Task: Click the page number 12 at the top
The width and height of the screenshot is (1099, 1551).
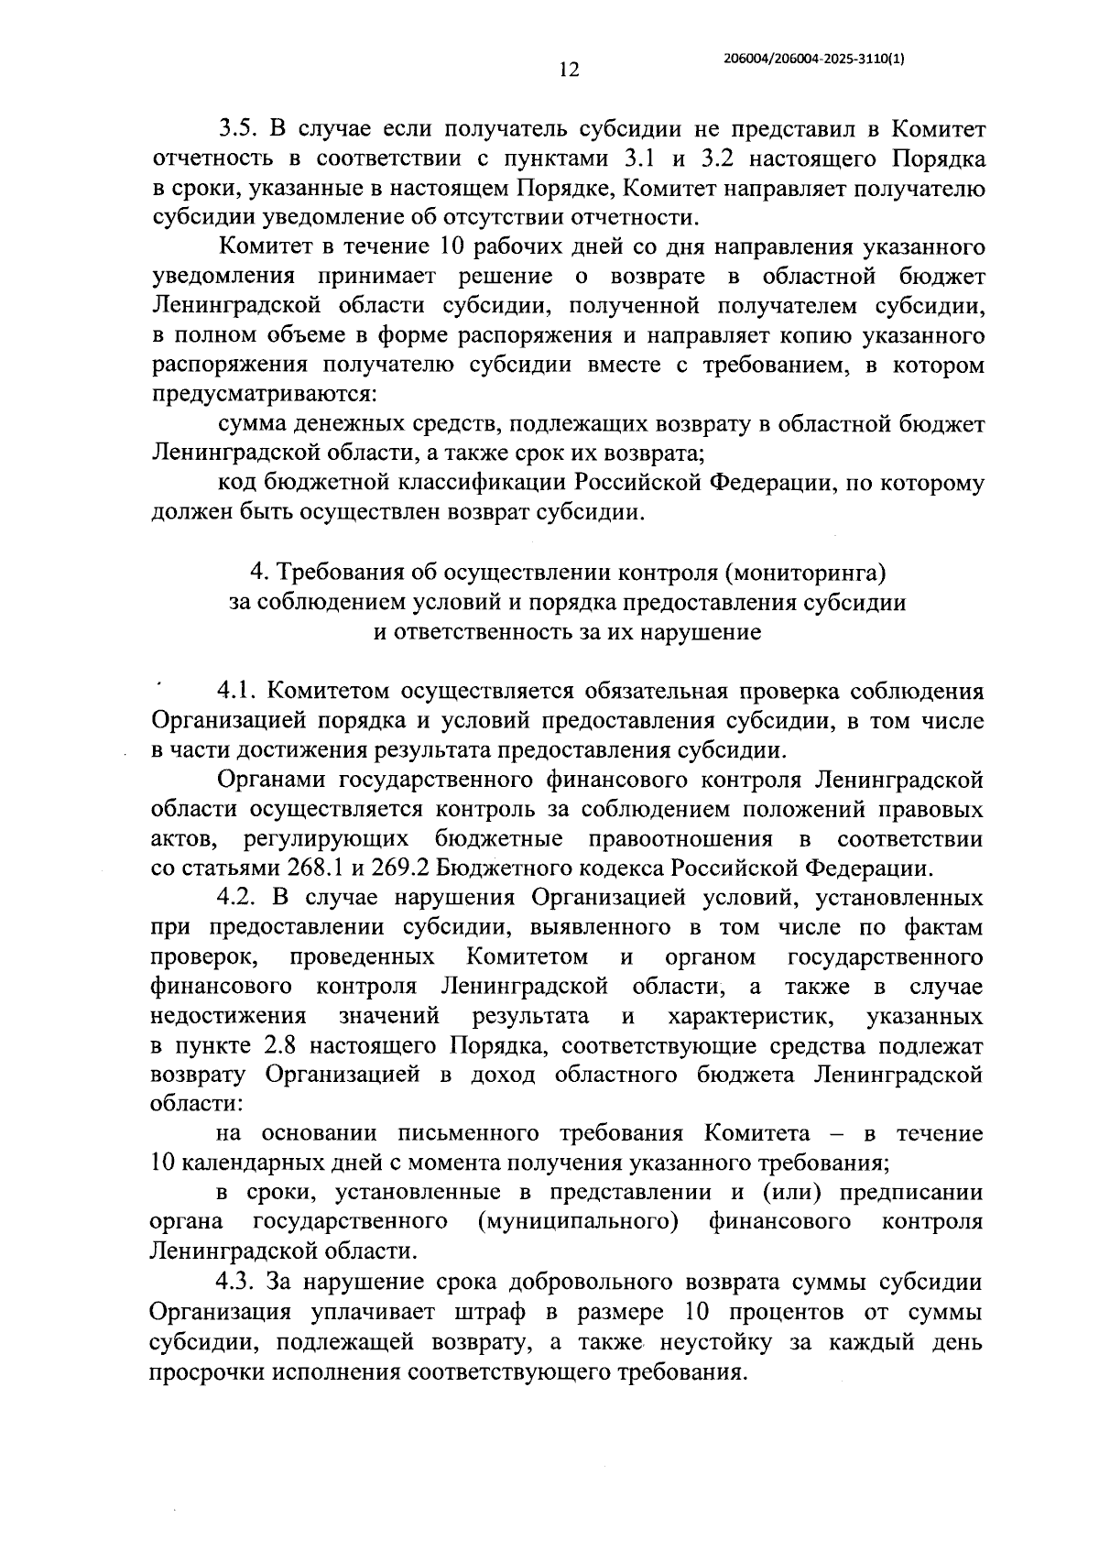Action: pyautogui.click(x=568, y=71)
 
